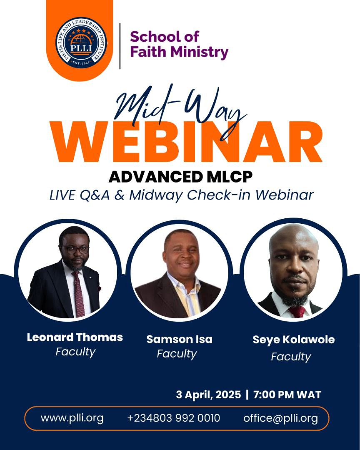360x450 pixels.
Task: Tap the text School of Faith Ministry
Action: [x=179, y=44]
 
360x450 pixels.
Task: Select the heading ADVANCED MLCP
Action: [x=180, y=177]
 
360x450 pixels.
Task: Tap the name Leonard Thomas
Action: [x=75, y=337]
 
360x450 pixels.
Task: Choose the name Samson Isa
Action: [x=179, y=339]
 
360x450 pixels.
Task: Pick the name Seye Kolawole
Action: [x=293, y=340]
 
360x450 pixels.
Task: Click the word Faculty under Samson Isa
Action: [x=177, y=354]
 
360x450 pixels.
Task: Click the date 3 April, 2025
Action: [x=208, y=394]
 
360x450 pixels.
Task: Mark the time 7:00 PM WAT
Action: [x=286, y=394]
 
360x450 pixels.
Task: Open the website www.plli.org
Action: [x=72, y=418]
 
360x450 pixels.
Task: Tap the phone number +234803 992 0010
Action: [x=173, y=418]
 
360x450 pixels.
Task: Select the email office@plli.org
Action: [x=280, y=418]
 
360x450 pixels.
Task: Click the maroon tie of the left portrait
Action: [x=78, y=292]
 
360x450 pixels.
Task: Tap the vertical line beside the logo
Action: [x=120, y=46]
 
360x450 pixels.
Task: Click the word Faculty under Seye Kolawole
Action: [x=291, y=357]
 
